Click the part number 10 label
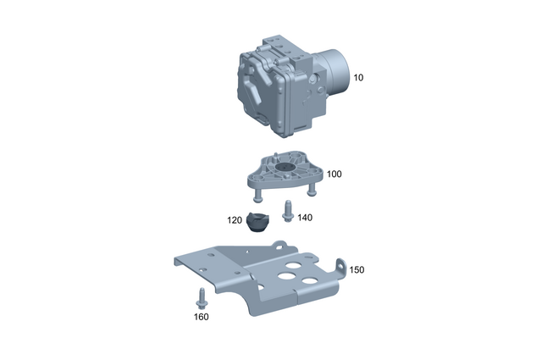click(x=358, y=77)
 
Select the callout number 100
click(x=334, y=174)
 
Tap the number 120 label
click(x=235, y=219)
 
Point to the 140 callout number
click(x=305, y=218)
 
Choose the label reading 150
click(x=357, y=269)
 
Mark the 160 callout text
click(x=201, y=318)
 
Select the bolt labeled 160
click(x=202, y=296)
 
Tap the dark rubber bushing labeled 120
click(x=257, y=222)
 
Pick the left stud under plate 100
click(x=257, y=194)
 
